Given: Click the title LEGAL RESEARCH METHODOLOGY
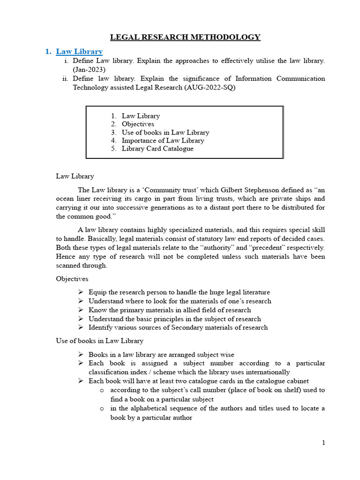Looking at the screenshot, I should pyautogui.click(x=185, y=37).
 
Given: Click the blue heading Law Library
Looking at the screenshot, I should pyautogui.click(x=79, y=51).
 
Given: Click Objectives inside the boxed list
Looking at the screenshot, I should pyautogui.click(x=138, y=124).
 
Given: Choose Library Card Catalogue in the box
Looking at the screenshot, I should pyautogui.click(x=157, y=149).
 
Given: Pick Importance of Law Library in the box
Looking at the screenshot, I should pyautogui.click(x=163, y=141).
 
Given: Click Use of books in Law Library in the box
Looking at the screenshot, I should pyautogui.click(x=165, y=132).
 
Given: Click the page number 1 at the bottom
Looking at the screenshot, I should pyautogui.click(x=323, y=442).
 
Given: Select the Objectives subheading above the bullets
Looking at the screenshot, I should pyautogui.click(x=72, y=278).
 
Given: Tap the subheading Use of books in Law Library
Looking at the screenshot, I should pyautogui.click(x=99, y=341).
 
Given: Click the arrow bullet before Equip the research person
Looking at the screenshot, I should pyautogui.click(x=81, y=292).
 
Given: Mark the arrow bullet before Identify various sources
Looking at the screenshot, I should pyautogui.click(x=81, y=327).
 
